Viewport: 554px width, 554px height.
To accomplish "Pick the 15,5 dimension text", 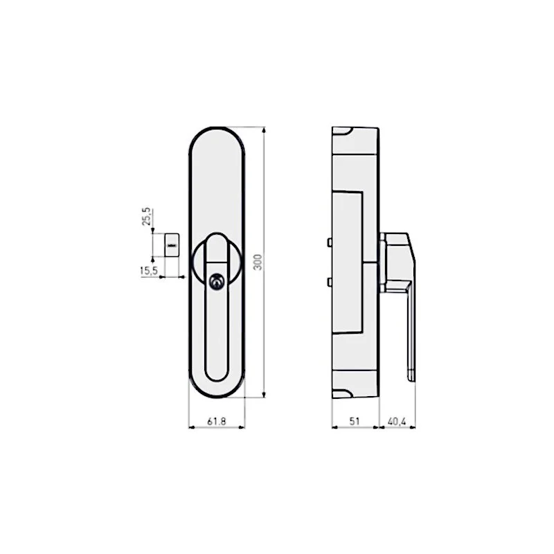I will coord(148,271).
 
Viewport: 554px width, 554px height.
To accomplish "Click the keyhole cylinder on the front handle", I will coord(217,281).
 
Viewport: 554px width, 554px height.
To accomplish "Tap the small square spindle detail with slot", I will coord(170,244).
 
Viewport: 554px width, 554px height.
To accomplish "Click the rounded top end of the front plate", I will coord(216,136).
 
